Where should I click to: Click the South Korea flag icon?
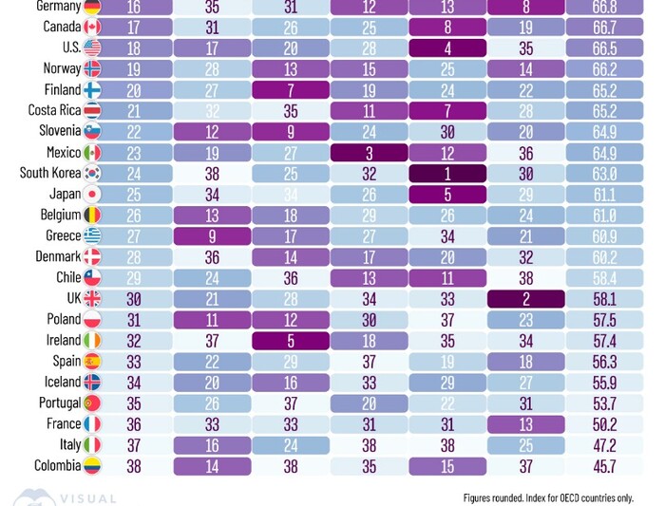(92, 174)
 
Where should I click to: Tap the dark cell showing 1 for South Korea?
(447, 174)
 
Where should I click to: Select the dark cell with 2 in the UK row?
(525, 298)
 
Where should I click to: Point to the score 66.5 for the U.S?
(604, 48)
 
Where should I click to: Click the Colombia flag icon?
(92, 465)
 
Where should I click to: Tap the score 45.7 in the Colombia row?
(604, 465)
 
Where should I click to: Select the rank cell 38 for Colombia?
(133, 465)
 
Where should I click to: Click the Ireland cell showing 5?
(292, 340)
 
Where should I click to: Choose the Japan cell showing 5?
(447, 195)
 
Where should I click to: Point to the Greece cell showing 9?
(214, 236)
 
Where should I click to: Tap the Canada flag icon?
(92, 28)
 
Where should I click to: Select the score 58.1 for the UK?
(604, 298)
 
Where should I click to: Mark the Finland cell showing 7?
(292, 90)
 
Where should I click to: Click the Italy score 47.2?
(604, 444)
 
